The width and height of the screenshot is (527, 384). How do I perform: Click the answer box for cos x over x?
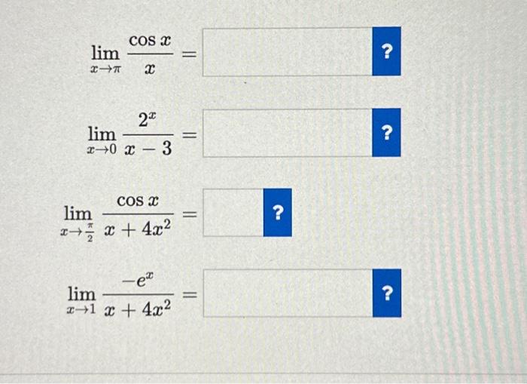point(287,51)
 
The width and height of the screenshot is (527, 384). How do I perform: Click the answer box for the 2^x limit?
point(287,133)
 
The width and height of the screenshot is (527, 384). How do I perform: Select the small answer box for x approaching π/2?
point(233,213)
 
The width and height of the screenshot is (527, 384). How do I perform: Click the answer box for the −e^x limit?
point(287,293)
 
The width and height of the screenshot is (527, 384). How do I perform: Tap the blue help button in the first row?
point(386,51)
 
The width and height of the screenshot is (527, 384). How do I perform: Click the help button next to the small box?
point(277,213)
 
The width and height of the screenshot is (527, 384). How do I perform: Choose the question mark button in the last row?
point(386,293)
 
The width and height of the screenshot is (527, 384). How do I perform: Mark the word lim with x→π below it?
point(105,53)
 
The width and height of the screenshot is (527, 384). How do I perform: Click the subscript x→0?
point(100,149)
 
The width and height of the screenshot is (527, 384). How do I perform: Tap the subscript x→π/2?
point(78,230)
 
